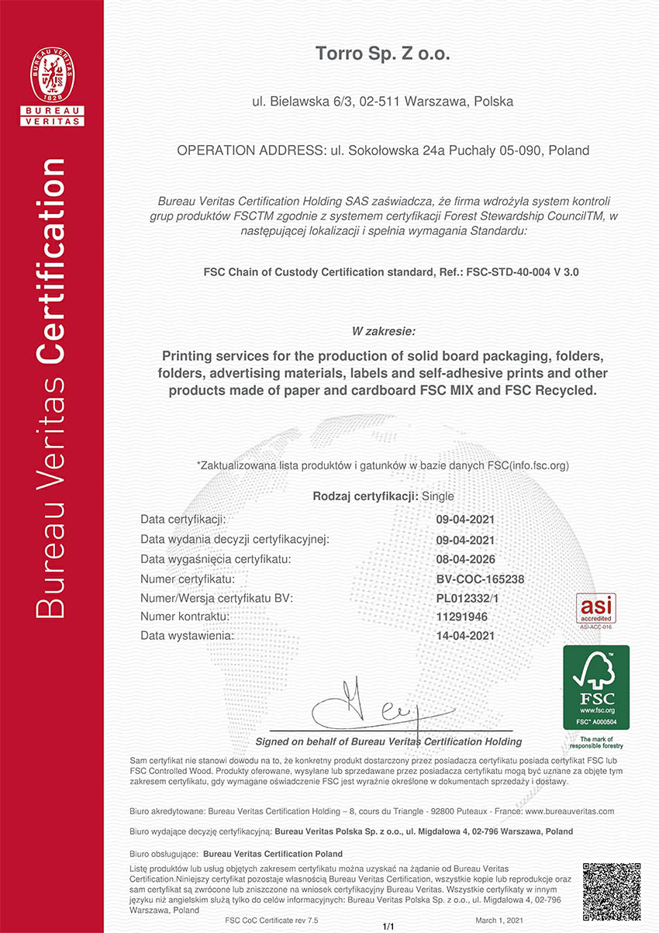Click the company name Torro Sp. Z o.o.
[x=382, y=54]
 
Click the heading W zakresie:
[x=383, y=331]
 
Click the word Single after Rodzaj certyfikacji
[x=438, y=496]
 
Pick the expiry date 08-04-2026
[x=466, y=558]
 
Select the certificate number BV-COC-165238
[x=481, y=579]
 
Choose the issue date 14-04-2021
[x=466, y=636]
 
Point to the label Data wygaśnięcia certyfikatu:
[x=216, y=558]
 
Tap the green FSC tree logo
[x=595, y=686]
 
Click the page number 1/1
[x=388, y=926]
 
